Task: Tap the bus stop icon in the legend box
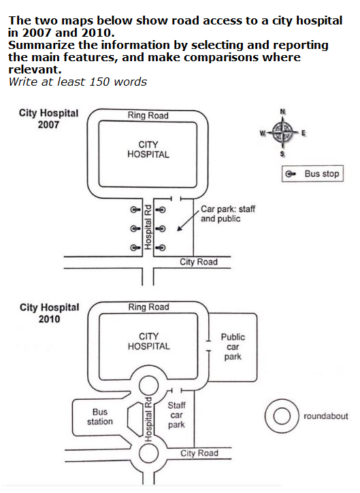(x=292, y=174)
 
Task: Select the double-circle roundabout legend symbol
(x=280, y=416)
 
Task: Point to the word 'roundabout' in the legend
(x=325, y=416)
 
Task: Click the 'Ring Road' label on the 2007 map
(x=148, y=116)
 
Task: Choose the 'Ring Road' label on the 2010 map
(x=148, y=307)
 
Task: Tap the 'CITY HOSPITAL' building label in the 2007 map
(x=148, y=150)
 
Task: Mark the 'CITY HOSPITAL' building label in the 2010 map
(x=148, y=341)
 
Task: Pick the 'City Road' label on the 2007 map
(x=199, y=262)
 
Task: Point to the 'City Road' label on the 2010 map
(x=199, y=453)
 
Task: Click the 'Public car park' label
(x=233, y=347)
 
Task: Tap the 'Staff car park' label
(x=176, y=415)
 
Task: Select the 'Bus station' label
(x=100, y=417)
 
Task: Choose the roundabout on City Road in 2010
(x=148, y=453)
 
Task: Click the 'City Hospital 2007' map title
(x=49, y=119)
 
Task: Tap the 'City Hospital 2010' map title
(x=49, y=313)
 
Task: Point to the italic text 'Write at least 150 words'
(x=78, y=82)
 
